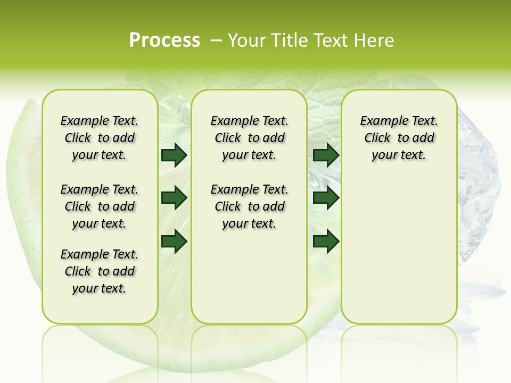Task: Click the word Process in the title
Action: (164, 40)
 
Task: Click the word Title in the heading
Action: (287, 40)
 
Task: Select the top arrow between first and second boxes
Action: (174, 155)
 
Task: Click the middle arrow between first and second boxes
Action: (174, 198)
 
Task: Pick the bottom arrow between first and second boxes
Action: (174, 241)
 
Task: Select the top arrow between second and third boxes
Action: (326, 155)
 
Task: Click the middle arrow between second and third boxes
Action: (326, 198)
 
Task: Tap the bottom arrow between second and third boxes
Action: (326, 241)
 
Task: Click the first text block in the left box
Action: (100, 138)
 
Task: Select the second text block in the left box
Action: (100, 206)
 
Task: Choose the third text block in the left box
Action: (100, 271)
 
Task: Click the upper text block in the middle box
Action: (249, 138)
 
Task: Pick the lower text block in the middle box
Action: (249, 206)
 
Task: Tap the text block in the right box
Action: (399, 138)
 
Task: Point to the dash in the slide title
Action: (216, 40)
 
